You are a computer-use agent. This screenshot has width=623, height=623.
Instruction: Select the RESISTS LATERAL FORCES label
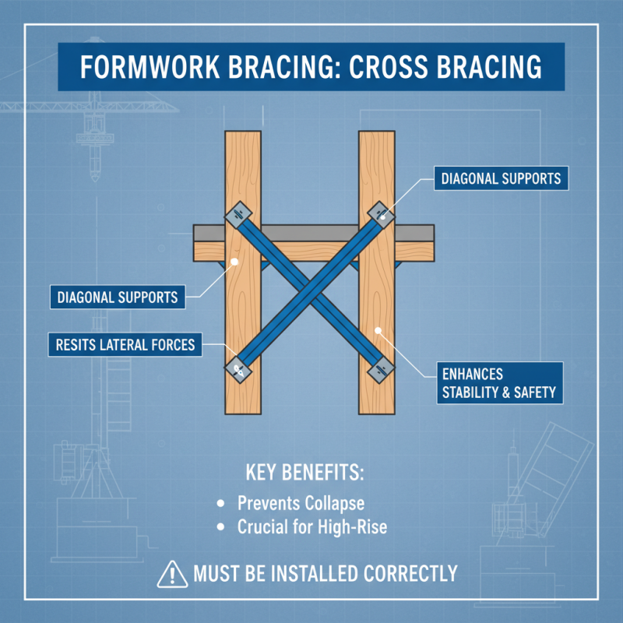(125, 344)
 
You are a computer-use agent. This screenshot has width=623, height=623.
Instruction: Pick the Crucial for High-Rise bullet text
(311, 527)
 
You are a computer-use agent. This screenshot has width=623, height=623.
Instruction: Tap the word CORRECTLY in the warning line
(410, 575)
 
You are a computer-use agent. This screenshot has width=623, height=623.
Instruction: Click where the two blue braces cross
(310, 290)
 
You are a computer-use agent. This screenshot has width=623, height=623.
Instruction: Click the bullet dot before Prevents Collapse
(222, 503)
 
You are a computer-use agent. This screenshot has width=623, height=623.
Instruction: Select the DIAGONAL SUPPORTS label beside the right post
(501, 178)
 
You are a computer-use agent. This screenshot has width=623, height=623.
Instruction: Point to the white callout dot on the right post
(378, 332)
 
